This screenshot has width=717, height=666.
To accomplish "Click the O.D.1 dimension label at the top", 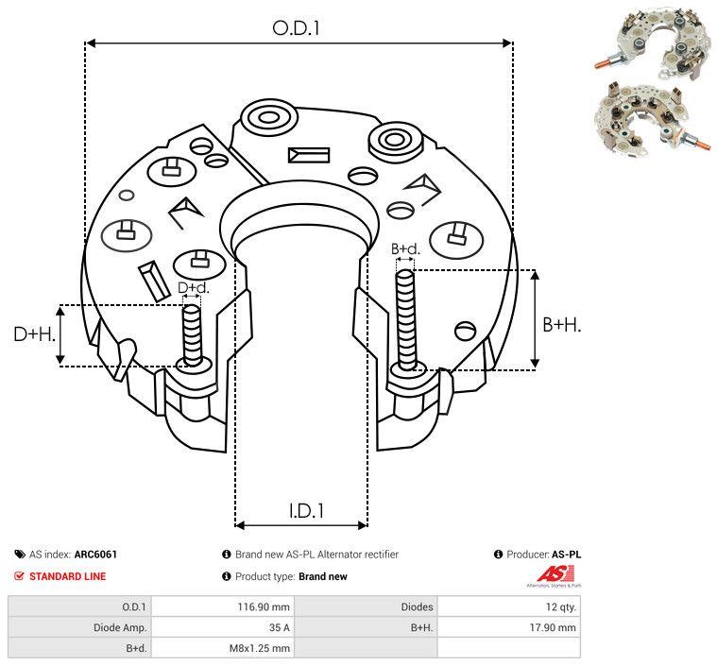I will pos(296,28).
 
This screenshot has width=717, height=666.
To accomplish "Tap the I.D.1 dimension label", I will pos(306,511).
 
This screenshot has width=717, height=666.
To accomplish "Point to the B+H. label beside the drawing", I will pos(562,324).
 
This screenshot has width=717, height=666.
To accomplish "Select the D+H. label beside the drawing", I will pos(35,333).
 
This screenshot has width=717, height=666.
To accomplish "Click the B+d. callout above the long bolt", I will pos(405,249).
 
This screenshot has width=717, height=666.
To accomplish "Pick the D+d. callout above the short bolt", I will pos(193,287).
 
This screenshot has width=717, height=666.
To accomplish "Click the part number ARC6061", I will pos(95,555).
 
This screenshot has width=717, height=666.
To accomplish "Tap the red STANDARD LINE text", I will pos(67,576).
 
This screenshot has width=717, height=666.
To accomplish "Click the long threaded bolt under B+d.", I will pos(407,321).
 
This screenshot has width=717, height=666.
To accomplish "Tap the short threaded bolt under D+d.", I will pos(192,335).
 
